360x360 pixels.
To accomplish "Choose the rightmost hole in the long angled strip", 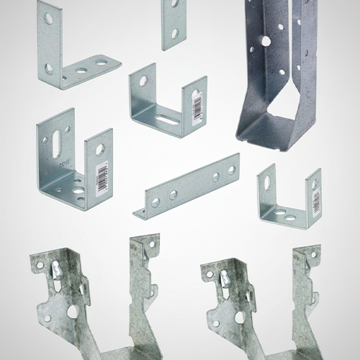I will (231, 171).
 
